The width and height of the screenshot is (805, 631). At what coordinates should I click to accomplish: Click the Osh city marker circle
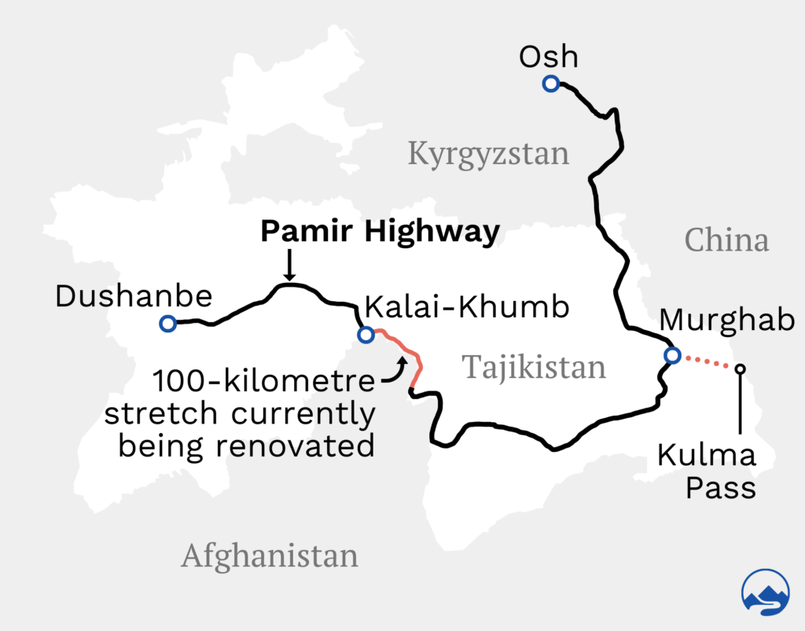(x=550, y=84)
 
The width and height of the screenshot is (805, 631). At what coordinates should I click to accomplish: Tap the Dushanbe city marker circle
(x=167, y=323)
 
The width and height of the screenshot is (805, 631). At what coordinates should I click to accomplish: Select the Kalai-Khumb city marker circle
(x=365, y=335)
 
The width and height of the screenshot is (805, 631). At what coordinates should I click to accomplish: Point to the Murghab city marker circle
(x=671, y=356)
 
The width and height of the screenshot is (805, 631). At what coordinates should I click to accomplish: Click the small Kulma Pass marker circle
(x=740, y=368)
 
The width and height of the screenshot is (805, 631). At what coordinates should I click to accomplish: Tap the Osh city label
(x=549, y=57)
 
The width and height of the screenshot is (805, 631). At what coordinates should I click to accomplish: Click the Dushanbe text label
(x=134, y=296)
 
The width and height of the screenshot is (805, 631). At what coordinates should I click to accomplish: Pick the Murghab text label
(x=726, y=320)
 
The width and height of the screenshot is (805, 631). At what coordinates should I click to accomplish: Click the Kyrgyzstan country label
(x=488, y=153)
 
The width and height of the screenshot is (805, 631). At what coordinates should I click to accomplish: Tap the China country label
(x=726, y=240)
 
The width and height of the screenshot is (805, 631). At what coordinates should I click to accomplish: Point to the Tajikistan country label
(x=534, y=366)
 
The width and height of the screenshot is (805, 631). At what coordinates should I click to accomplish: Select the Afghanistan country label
(x=270, y=556)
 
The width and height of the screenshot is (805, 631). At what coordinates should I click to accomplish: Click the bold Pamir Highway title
(x=380, y=232)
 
